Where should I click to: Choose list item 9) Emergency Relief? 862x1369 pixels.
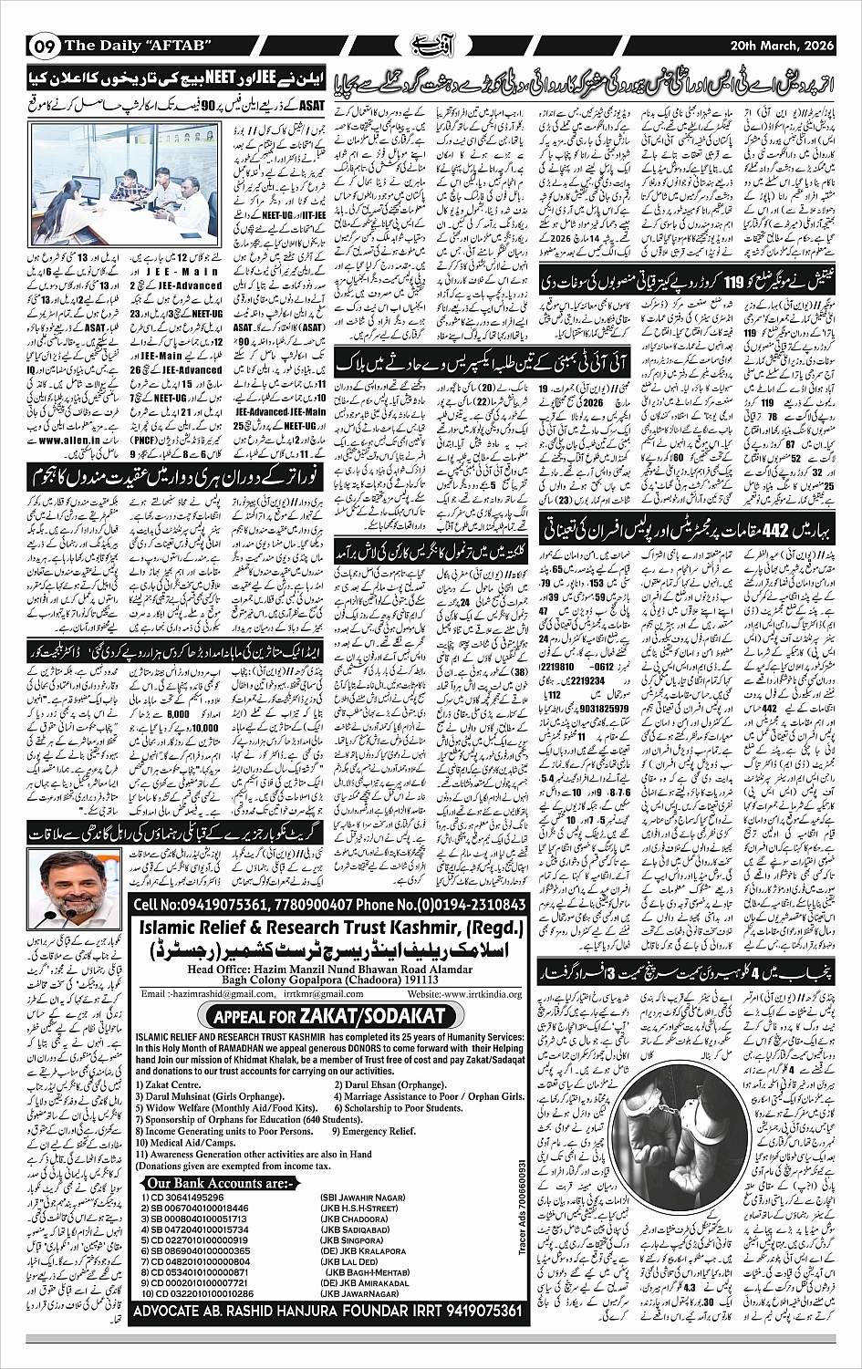click(379, 1131)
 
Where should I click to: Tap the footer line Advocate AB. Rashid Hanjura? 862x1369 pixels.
click(328, 1311)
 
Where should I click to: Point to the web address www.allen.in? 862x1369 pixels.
click(66, 440)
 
